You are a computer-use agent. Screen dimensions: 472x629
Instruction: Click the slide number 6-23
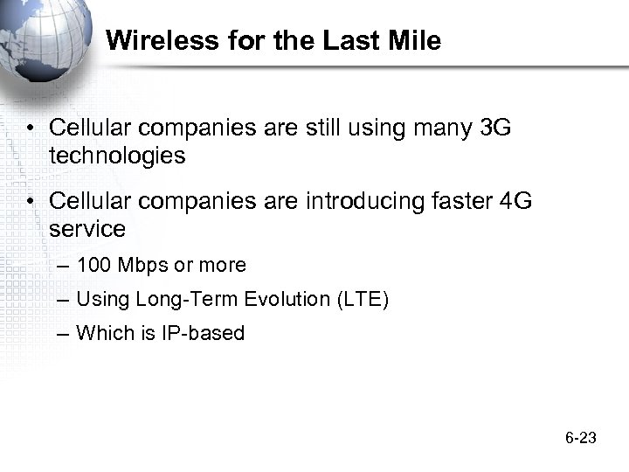[580, 437]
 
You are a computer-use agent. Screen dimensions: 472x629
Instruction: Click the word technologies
[117, 156]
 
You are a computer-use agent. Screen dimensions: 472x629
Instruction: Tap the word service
[87, 230]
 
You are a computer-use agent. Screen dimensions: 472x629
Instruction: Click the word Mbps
[140, 265]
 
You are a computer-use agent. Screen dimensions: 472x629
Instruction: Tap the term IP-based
[203, 333]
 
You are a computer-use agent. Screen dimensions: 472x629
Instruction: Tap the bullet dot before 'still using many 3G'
[31, 129]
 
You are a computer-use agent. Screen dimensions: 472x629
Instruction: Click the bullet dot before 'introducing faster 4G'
[31, 203]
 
